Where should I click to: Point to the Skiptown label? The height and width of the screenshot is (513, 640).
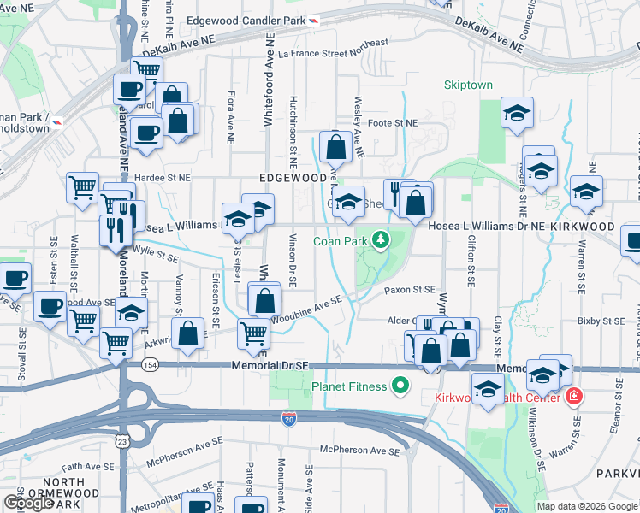[468, 85]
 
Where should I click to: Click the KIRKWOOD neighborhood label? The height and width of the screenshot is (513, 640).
[584, 227]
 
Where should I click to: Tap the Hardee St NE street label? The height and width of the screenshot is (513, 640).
[163, 178]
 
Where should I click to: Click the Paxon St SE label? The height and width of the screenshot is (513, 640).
[410, 290]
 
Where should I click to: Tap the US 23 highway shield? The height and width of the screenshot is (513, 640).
[122, 441]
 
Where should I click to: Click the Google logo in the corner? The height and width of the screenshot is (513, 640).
[28, 503]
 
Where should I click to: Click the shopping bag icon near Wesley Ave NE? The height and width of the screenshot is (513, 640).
[336, 146]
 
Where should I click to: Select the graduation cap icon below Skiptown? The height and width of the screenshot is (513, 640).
[516, 114]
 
